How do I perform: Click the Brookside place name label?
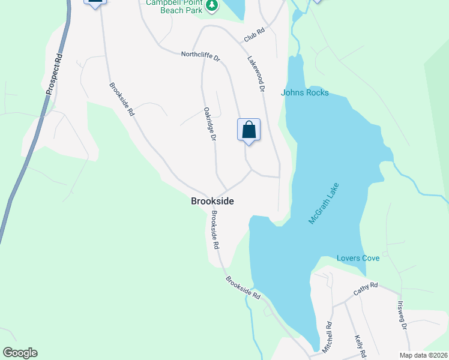click(212, 202)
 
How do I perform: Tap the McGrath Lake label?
click(324, 203)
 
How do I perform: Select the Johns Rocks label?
click(305, 92)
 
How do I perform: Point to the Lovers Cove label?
click(358, 258)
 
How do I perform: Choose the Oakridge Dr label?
click(209, 124)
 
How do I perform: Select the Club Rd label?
click(254, 35)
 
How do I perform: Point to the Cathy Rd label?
click(365, 289)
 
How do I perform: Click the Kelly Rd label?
click(359, 347)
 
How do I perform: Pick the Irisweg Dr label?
click(402, 314)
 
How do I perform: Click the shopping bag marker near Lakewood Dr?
click(249, 130)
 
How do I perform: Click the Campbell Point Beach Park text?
click(174, 7)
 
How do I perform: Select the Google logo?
click(20, 353)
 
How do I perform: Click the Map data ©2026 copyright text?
click(423, 355)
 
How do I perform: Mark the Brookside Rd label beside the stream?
click(243, 287)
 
